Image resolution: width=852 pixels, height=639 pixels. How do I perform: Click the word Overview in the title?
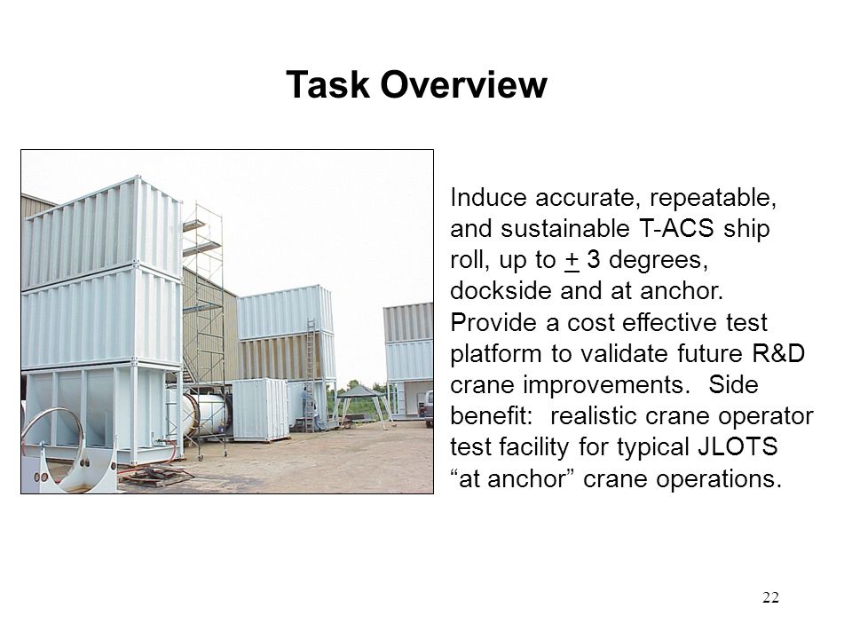463,85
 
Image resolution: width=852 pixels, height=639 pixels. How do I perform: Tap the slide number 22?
770,597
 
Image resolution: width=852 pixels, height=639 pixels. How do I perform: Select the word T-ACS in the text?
676,228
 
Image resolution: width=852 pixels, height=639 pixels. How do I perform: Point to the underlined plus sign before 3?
572,260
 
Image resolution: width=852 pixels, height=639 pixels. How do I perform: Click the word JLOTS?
738,446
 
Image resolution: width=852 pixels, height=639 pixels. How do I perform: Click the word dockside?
501,291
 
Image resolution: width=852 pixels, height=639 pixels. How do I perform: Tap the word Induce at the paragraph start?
488,197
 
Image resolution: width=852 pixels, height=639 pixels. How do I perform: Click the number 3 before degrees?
594,260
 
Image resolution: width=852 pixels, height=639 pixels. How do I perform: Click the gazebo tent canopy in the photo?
361,390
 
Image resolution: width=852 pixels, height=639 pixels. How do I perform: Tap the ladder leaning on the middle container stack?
312,375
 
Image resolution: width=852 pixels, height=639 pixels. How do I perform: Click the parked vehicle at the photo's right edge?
427,407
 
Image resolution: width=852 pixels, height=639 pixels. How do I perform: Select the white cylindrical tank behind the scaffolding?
204,414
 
